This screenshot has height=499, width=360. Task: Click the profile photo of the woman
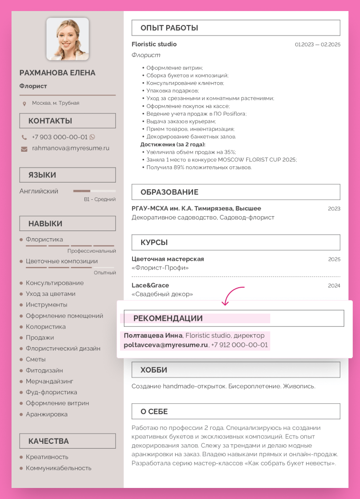(x=68, y=39)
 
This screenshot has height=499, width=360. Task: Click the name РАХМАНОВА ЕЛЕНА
(x=58, y=73)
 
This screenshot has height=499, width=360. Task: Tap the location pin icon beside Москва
(x=24, y=103)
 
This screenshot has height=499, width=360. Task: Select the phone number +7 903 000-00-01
(x=60, y=137)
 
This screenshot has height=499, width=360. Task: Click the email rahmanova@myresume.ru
(x=71, y=148)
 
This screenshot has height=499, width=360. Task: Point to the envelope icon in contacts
(x=24, y=149)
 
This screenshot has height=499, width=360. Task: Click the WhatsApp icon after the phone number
(x=92, y=137)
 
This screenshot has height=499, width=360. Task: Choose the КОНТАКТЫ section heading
(x=50, y=121)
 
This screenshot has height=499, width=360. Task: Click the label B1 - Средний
(x=100, y=199)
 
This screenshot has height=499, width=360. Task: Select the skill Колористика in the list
(x=46, y=327)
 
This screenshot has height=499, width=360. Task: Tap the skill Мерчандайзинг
(x=49, y=381)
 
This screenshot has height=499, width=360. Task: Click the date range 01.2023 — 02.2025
(x=317, y=45)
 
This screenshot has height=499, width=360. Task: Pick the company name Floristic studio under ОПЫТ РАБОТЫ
(x=154, y=44)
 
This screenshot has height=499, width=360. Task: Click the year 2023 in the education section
(x=334, y=208)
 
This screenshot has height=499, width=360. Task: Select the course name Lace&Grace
(x=150, y=285)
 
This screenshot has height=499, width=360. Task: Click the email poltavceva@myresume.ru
(x=166, y=345)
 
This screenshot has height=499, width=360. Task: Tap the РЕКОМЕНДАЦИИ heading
(x=168, y=318)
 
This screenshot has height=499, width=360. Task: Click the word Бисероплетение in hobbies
(x=254, y=386)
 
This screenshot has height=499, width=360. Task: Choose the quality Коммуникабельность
(x=59, y=468)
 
